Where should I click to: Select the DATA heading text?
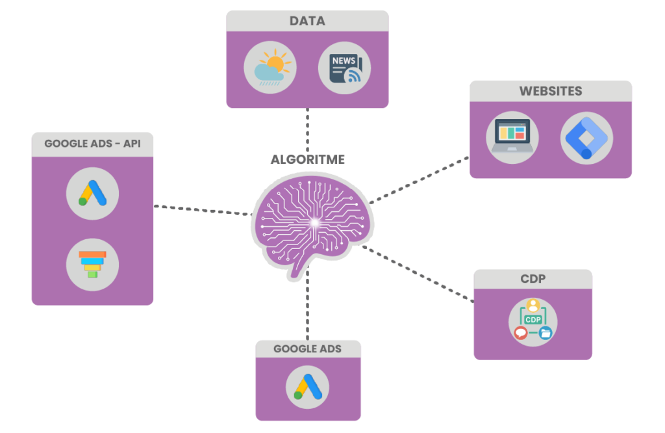(x=307, y=21)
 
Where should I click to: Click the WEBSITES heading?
(x=551, y=91)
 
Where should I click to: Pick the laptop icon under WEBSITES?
(x=512, y=137)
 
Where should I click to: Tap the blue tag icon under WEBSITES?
(x=586, y=137)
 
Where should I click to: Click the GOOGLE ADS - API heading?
(x=92, y=144)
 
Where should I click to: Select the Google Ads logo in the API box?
(x=92, y=193)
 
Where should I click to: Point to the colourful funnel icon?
(x=92, y=265)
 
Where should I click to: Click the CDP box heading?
(x=533, y=279)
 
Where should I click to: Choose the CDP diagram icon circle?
(x=533, y=321)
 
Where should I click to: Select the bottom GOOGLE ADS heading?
(x=308, y=348)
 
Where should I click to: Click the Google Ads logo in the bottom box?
(x=308, y=387)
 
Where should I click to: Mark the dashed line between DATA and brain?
(x=307, y=130)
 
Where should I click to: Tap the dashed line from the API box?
(x=201, y=210)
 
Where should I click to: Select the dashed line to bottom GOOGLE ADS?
(x=307, y=306)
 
